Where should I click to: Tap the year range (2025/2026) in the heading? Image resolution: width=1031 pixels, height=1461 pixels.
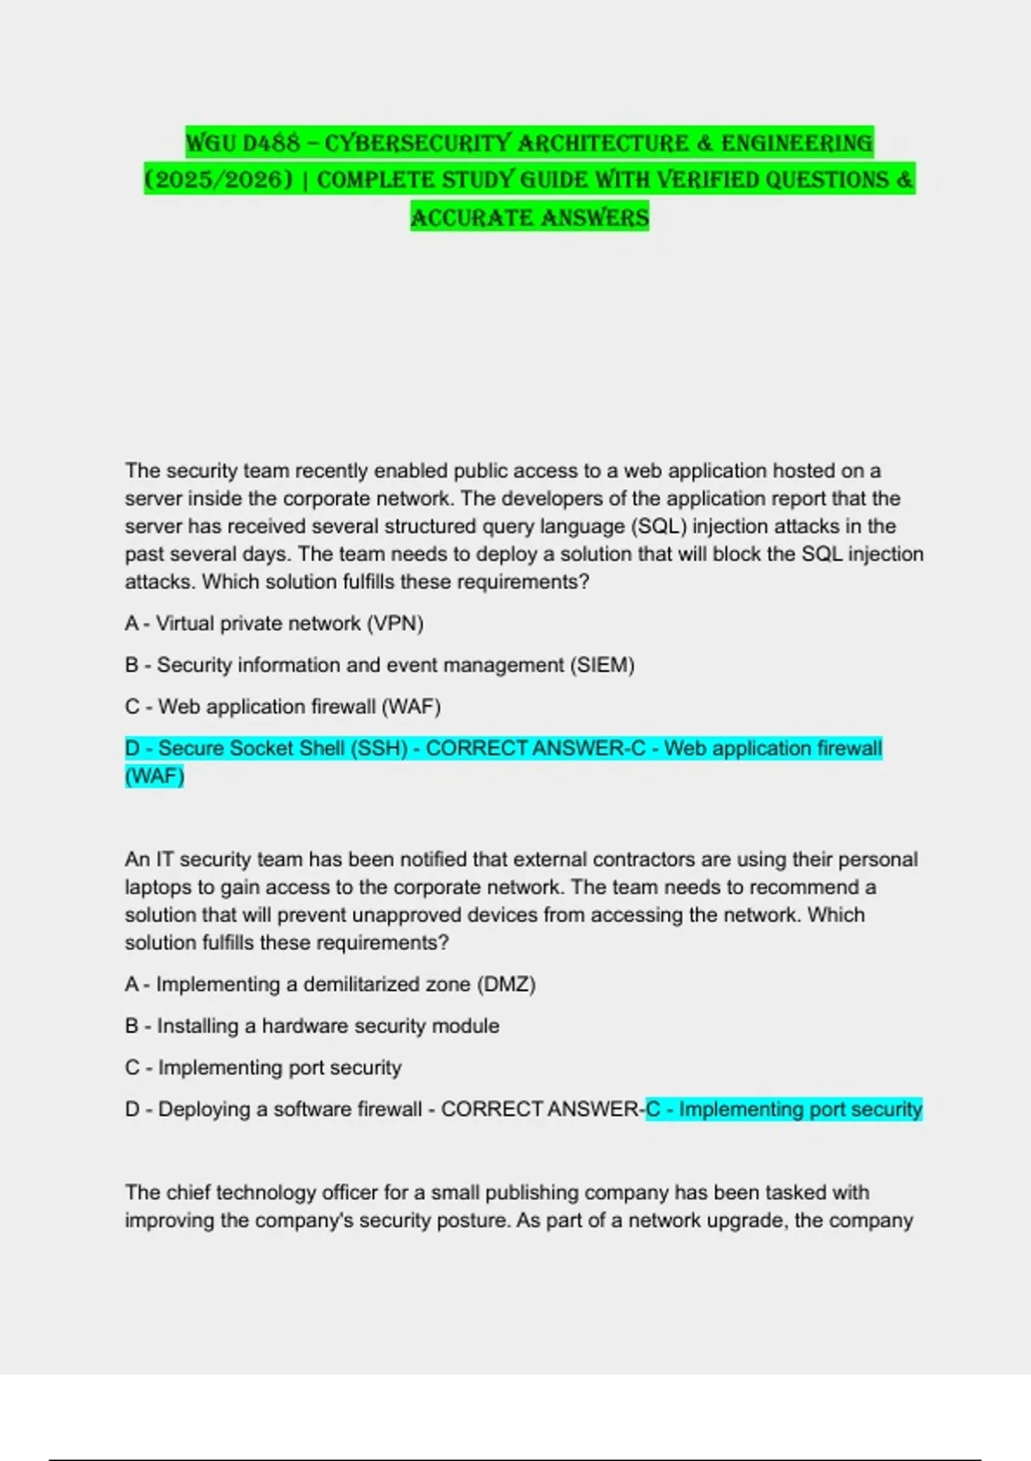pos(218,180)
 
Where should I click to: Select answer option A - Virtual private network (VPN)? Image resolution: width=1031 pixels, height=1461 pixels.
pos(274,623)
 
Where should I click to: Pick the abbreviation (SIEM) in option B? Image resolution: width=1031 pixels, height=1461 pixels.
pos(601,665)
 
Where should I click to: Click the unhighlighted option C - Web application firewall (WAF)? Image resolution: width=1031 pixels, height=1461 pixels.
pos(283,706)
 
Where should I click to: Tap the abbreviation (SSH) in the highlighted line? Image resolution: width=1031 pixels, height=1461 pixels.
pos(378,749)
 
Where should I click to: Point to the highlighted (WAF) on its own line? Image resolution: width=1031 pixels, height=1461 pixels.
pos(155,776)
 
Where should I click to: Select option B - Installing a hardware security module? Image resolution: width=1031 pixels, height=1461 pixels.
pos(312,1025)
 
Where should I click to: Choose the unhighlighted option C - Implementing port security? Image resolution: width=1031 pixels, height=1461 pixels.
pos(263,1067)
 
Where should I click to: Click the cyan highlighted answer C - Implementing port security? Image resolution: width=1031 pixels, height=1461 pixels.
pos(784,1110)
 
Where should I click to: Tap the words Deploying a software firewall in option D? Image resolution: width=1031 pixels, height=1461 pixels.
pos(290,1110)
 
